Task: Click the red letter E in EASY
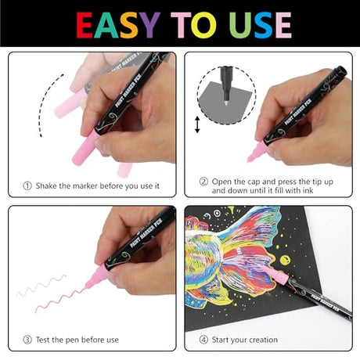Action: (x=85, y=25)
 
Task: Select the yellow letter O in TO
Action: (x=203, y=25)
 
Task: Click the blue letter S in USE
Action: (x=264, y=25)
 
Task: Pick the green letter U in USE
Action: (x=240, y=25)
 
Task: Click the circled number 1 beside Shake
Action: (x=27, y=186)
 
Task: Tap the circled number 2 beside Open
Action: (x=203, y=182)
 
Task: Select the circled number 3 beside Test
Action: (x=27, y=340)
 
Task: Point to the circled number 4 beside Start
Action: (x=203, y=340)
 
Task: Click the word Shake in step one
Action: (x=46, y=186)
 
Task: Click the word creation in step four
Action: (x=263, y=340)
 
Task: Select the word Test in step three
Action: (x=42, y=340)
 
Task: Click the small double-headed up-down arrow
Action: (x=197, y=124)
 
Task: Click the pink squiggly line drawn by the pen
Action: (x=60, y=300)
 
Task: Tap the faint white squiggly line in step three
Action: (x=41, y=286)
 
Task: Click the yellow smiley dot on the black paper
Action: (x=285, y=260)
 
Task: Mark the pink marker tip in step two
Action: (x=249, y=159)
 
